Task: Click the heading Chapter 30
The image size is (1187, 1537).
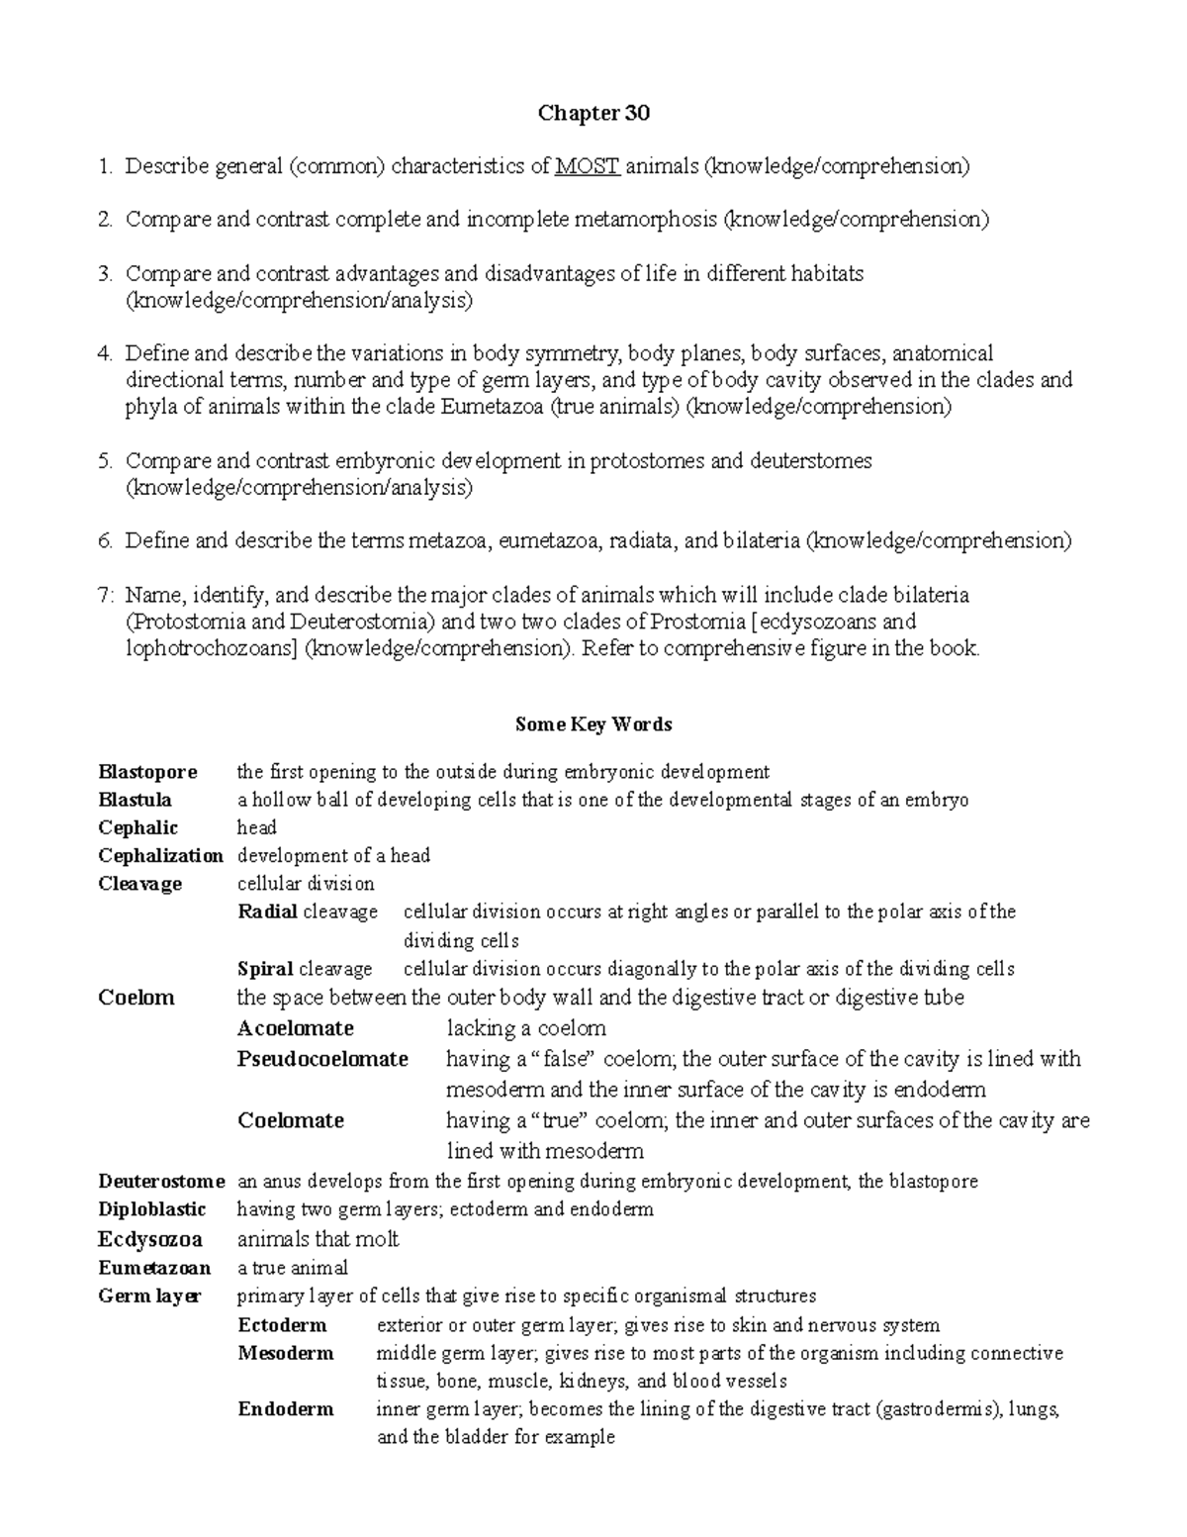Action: pyautogui.click(x=593, y=114)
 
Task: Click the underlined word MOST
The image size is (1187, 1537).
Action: pyautogui.click(x=588, y=166)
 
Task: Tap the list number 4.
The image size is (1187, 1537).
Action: pyautogui.click(x=104, y=353)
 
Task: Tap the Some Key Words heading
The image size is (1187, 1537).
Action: pyautogui.click(x=593, y=724)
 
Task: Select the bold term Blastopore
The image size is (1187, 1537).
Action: pyautogui.click(x=147, y=772)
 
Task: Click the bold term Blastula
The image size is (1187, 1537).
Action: pyautogui.click(x=135, y=800)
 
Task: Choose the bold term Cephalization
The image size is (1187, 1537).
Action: pyautogui.click(x=160, y=855)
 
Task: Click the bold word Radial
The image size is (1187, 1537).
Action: pyautogui.click(x=268, y=912)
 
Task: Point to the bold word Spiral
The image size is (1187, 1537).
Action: pyautogui.click(x=265, y=969)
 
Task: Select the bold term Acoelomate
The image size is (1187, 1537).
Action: pyautogui.click(x=295, y=1028)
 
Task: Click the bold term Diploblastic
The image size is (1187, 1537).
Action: pyautogui.click(x=151, y=1209)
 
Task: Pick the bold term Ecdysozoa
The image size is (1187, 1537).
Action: pyautogui.click(x=150, y=1239)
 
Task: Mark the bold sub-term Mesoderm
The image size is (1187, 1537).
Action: pyautogui.click(x=285, y=1353)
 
